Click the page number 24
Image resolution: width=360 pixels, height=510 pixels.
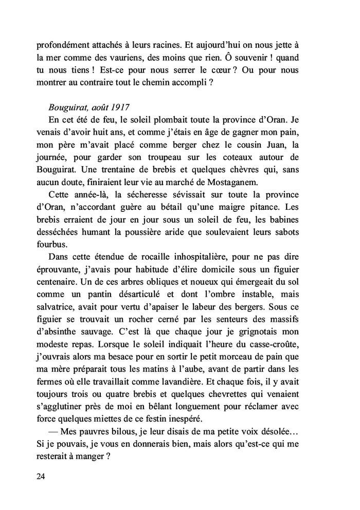pos(41,477)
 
